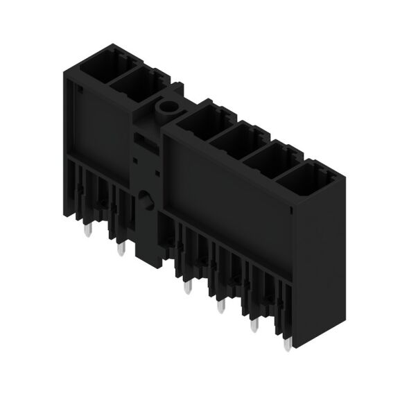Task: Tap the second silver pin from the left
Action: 121,249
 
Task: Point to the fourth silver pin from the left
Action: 220,305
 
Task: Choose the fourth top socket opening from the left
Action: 232,138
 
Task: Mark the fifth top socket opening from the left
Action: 267,158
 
